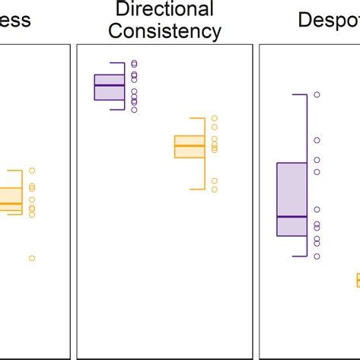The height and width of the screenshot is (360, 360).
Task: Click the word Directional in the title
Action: click(x=164, y=10)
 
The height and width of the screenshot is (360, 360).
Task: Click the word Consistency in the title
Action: click(x=164, y=32)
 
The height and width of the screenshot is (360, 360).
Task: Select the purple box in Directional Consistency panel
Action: click(x=109, y=87)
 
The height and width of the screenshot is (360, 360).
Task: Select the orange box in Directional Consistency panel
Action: click(x=190, y=146)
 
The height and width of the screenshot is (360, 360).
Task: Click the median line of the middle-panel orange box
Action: click(x=190, y=145)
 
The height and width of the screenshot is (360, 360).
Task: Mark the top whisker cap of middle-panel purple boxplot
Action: click(x=116, y=62)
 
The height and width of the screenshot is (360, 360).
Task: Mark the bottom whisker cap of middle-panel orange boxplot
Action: click(x=198, y=189)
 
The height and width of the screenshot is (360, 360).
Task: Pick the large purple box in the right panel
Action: click(x=292, y=198)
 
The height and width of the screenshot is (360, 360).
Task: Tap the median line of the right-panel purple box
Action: click(x=292, y=217)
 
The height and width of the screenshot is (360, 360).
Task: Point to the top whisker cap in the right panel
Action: click(x=299, y=94)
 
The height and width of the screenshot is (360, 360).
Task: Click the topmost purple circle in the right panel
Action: click(x=317, y=94)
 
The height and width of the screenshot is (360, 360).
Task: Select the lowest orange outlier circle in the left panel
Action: click(x=32, y=258)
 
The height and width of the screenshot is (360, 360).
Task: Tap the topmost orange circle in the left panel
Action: click(x=32, y=170)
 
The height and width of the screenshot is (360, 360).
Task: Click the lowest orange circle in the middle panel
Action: click(x=215, y=189)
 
